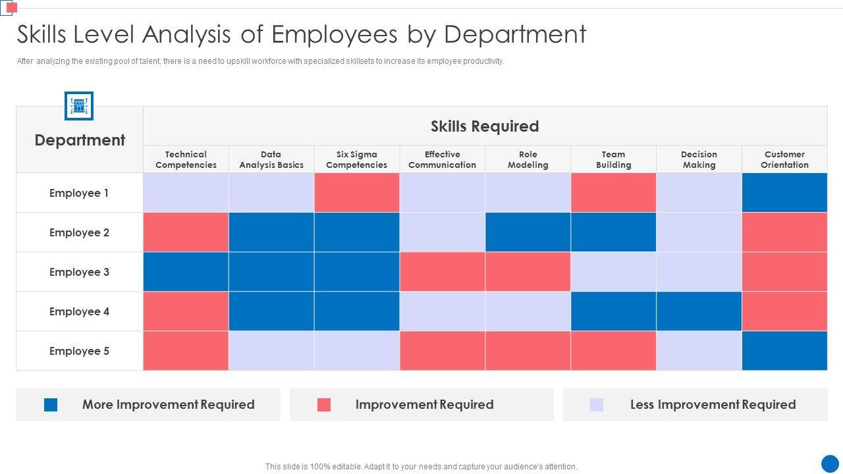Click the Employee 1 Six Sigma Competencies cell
click(x=357, y=193)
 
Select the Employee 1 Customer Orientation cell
click(x=784, y=193)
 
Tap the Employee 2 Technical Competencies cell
click(x=186, y=232)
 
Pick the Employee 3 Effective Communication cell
click(x=443, y=272)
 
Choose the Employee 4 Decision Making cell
click(x=699, y=311)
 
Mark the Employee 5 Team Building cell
click(x=613, y=351)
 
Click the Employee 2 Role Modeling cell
click(x=528, y=232)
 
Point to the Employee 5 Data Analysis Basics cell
click(x=271, y=351)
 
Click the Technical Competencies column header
click(x=186, y=159)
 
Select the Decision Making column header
click(x=699, y=159)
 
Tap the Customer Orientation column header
click(x=784, y=159)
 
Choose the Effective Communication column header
click(x=443, y=159)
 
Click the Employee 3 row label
click(x=79, y=272)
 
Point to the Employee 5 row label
click(x=79, y=351)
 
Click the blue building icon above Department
click(x=79, y=106)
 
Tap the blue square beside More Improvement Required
click(x=51, y=405)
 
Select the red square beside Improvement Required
click(x=324, y=405)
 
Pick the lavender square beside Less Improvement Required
click(x=597, y=405)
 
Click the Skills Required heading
click(x=485, y=126)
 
